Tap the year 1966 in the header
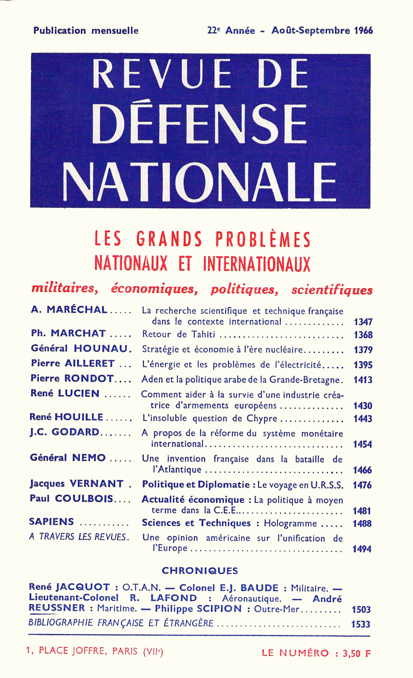point(363,30)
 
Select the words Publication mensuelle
point(86,30)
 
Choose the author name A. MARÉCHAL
point(69,310)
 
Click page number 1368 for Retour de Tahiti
point(363,335)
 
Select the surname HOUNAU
point(101,349)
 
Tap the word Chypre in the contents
point(262,418)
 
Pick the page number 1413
point(363,380)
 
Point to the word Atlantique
point(180,470)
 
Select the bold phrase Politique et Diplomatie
point(196,485)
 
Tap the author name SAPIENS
point(51,522)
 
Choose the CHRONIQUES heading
point(200,570)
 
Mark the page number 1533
point(360,624)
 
